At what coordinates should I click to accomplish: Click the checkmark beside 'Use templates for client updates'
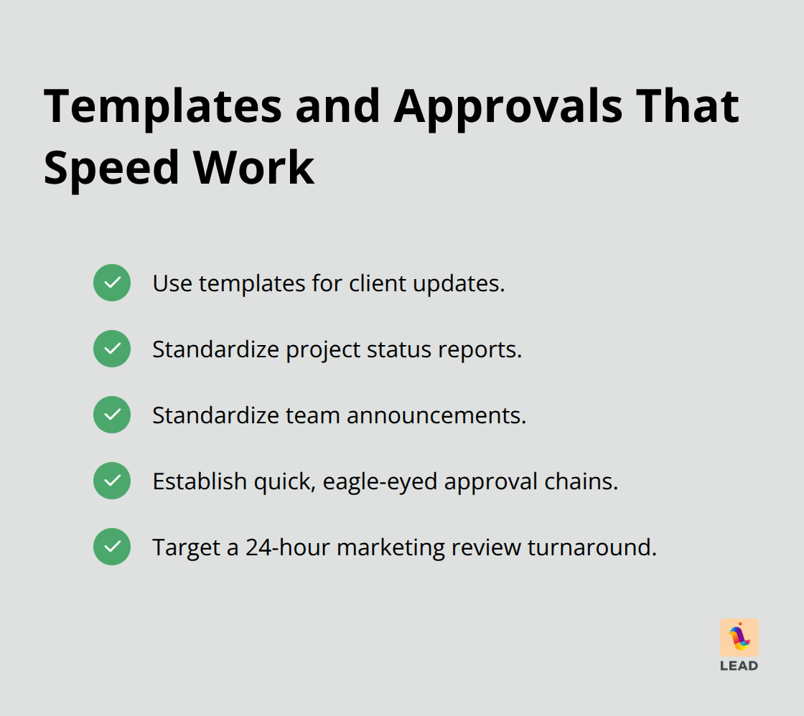pos(112,283)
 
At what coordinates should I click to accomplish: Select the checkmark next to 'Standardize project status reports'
pos(112,349)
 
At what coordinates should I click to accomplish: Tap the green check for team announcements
pos(112,415)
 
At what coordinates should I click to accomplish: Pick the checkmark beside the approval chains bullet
pos(112,481)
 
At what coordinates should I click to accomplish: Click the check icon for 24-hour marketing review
pos(112,547)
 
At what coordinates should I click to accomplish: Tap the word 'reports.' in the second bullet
pos(484,350)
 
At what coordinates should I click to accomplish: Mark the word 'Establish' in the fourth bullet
pos(200,481)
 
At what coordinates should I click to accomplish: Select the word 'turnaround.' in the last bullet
pos(592,547)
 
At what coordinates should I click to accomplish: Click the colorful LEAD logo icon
pos(739,638)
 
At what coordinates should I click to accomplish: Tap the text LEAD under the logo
pos(739,666)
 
